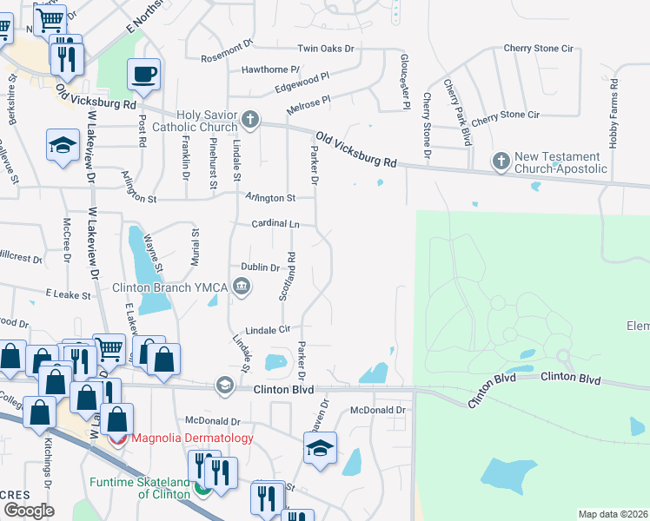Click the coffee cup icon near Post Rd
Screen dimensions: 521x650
coord(144,74)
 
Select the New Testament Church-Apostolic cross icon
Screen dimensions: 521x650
coord(501,161)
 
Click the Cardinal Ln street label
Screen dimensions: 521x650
coord(275,223)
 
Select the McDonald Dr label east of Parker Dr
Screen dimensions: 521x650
coord(378,410)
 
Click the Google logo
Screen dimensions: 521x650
coord(28,511)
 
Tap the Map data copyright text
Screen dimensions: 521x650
coord(614,514)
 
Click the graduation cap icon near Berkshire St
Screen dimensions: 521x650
coord(63,145)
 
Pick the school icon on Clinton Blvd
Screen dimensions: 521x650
coord(226,386)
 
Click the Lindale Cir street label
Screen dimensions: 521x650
coord(267,330)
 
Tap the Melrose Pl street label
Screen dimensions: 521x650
coord(308,105)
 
